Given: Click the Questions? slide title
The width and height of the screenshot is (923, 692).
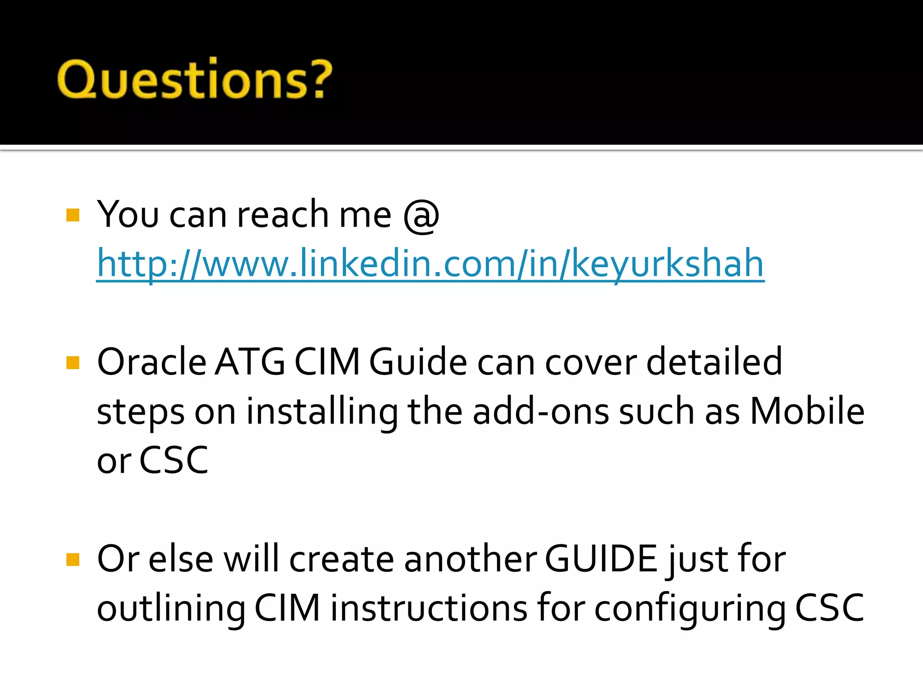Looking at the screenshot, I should pyautogui.click(x=195, y=78).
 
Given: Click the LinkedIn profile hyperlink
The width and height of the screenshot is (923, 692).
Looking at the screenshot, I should pyautogui.click(x=430, y=264).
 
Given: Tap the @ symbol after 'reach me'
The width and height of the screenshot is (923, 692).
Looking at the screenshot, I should pyautogui.click(x=421, y=215).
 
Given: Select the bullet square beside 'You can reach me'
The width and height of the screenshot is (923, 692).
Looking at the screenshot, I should pyautogui.click(x=73, y=215).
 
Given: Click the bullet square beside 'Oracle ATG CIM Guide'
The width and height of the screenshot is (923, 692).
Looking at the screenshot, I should pyautogui.click(x=73, y=363).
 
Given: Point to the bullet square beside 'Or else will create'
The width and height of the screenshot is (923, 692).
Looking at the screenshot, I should pyautogui.click(x=73, y=560).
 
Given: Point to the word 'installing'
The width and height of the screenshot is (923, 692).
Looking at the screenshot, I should pyautogui.click(x=322, y=412).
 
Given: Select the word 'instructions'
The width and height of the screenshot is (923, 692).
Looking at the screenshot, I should pyautogui.click(x=429, y=608).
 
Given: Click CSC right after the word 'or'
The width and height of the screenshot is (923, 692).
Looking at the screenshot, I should pyautogui.click(x=174, y=460).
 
